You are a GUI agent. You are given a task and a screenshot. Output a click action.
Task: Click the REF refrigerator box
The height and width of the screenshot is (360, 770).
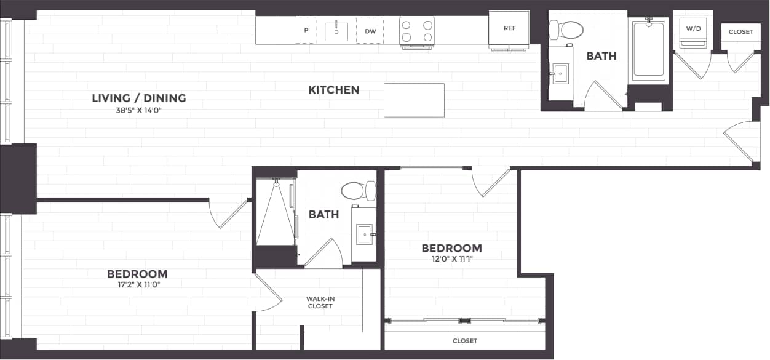tap(509, 29)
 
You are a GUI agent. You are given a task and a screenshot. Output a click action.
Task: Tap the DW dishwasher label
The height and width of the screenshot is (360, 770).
tap(370, 31)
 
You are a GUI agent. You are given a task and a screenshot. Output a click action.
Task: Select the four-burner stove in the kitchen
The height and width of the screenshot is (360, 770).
tap(417, 31)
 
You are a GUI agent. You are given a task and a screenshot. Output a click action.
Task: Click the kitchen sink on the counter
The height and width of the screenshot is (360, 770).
tap(336, 31)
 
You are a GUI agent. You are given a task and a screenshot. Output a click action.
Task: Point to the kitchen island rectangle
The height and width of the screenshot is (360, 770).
tap(414, 100)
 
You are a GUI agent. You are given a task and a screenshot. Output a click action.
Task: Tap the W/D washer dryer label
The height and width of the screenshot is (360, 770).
tap(693, 28)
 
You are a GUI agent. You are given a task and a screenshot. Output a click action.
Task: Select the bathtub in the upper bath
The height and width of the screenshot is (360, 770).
tap(648, 50)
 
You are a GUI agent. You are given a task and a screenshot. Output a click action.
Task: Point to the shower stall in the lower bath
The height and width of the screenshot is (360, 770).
tap(275, 212)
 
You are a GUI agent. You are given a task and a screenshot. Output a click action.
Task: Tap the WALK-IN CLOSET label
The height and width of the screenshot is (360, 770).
tap(320, 302)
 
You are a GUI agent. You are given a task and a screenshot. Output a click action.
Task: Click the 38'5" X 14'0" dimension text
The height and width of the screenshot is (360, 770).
tap(139, 111)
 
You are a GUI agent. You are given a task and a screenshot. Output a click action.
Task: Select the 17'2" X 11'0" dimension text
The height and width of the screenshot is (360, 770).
tap(137, 285)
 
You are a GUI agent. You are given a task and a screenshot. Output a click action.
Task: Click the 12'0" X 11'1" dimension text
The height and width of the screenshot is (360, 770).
tap(451, 259)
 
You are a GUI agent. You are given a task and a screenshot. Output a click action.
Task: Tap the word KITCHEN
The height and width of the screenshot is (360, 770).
tap(334, 90)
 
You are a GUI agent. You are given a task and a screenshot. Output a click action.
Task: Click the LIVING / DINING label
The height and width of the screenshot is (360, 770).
tap(139, 98)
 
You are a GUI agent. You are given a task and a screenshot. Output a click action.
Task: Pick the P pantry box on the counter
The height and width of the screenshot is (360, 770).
tap(306, 30)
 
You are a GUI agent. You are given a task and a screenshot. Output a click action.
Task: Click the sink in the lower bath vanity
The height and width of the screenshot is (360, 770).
tap(364, 234)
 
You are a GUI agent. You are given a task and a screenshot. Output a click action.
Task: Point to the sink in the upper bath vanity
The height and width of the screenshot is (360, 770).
tap(560, 74)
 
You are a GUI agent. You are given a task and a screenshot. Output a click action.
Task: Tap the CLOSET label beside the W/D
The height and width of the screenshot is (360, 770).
tap(740, 32)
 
